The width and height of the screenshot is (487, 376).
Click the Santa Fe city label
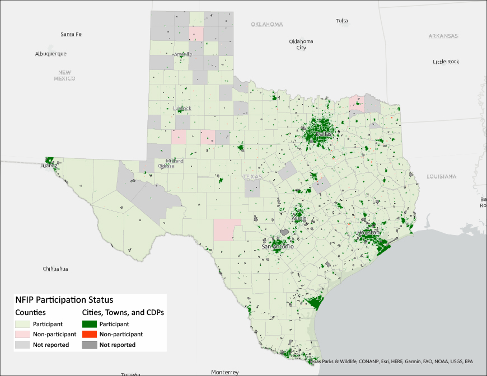coord(71,34)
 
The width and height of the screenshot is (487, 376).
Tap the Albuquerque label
coord(51,54)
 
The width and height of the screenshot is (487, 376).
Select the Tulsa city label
coord(341,21)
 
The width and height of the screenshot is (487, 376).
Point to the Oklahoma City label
coord(301,44)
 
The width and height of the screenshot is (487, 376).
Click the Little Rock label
coord(446,62)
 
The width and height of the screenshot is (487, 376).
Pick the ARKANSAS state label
coord(443,36)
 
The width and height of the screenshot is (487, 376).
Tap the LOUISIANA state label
coord(441,176)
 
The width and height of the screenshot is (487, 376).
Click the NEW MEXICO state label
coord(64,76)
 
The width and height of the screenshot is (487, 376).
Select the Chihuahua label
coord(55,269)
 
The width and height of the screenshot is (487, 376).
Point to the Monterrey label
coord(224,372)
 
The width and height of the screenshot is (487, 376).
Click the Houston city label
coord(368,232)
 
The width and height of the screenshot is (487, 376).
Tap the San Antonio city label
coord(278,246)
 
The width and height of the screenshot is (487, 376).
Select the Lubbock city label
coord(182,108)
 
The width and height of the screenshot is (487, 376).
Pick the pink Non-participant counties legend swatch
coord(22,334)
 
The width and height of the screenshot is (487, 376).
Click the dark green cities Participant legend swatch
coord(89,323)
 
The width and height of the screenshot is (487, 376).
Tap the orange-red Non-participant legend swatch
coord(89,334)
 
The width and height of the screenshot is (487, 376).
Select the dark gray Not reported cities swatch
coord(89,345)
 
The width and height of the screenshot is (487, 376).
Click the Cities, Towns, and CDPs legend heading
coord(123,312)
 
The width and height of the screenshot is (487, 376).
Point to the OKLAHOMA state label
coord(266,25)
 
